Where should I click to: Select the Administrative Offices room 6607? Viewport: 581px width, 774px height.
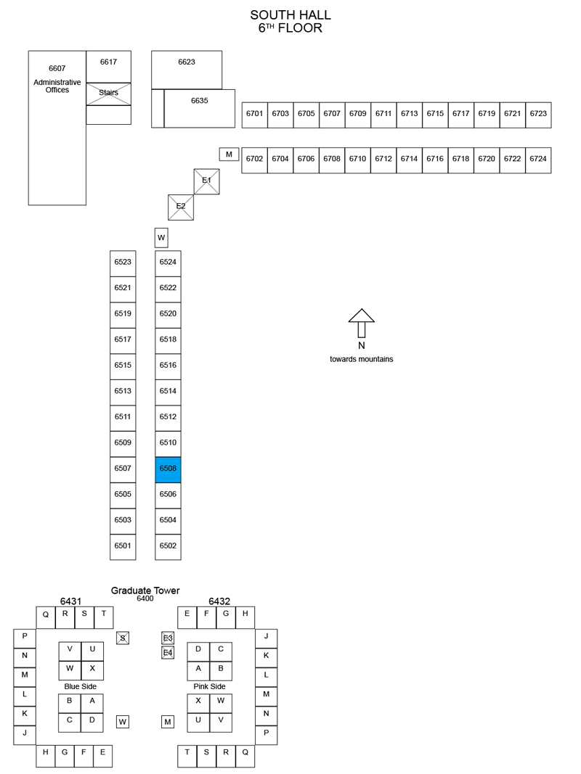click(x=57, y=128)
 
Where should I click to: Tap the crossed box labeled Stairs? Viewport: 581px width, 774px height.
click(x=109, y=94)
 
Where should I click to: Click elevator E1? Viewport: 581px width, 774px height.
click(x=206, y=181)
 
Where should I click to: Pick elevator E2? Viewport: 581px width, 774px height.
click(x=181, y=207)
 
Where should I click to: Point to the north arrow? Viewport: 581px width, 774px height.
click(x=362, y=323)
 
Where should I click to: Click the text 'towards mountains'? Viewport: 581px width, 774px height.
click(x=362, y=359)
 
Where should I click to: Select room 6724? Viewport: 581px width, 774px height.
click(x=538, y=160)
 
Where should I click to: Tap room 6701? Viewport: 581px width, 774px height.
click(x=254, y=115)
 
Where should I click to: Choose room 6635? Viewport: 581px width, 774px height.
click(x=200, y=109)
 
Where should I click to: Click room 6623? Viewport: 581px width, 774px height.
click(x=187, y=70)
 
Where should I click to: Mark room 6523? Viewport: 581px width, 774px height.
click(x=123, y=263)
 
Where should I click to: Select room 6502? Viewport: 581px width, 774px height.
click(x=168, y=547)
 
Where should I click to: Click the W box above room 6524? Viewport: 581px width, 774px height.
click(x=161, y=237)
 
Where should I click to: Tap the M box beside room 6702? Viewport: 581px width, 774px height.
click(x=229, y=155)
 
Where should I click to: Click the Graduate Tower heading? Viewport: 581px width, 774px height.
click(x=145, y=590)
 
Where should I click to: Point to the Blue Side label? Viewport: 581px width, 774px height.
click(x=81, y=687)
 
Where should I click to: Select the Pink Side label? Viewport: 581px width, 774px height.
click(x=209, y=687)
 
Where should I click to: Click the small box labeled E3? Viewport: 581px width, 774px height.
click(x=168, y=638)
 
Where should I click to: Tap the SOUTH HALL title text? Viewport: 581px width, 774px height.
click(x=290, y=15)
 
